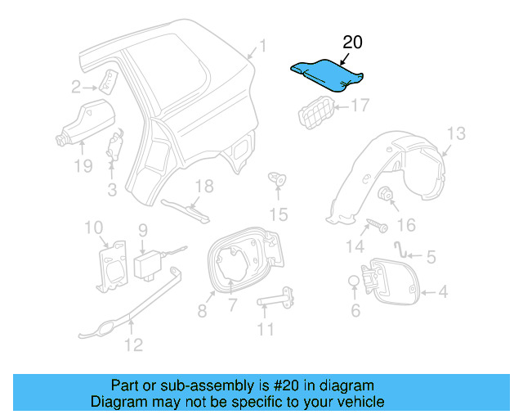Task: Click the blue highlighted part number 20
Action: coord(326,74)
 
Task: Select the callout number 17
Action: coord(360,106)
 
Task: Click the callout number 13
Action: coord(455,133)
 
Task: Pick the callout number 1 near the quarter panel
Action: coord(262,46)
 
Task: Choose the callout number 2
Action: coord(76,87)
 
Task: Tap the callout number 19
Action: coord(82,168)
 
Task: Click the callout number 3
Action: coord(112,190)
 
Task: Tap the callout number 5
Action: coord(430,257)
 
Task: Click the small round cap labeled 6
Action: coord(353,282)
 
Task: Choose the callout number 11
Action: coord(265,330)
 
